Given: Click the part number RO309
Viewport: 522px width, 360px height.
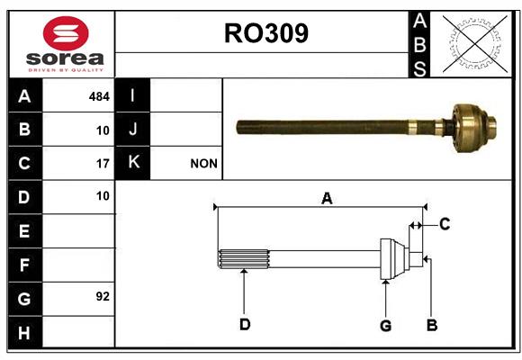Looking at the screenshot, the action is pyautogui.click(x=266, y=33).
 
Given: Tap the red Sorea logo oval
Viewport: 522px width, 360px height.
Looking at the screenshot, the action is pyautogui.click(x=66, y=33).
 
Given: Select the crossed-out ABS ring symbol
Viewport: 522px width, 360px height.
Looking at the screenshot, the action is pyautogui.click(x=475, y=43).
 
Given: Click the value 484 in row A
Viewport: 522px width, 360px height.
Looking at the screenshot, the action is pyautogui.click(x=99, y=96).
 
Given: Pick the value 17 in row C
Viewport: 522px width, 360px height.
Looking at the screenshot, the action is pyautogui.click(x=103, y=164).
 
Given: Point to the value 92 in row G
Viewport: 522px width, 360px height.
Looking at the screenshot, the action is pyautogui.click(x=103, y=296).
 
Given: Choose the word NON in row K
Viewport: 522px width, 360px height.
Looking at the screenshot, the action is pyautogui.click(x=203, y=164).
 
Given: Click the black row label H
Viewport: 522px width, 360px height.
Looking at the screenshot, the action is pyautogui.click(x=25, y=332).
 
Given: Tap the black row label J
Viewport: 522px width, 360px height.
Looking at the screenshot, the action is pyautogui.click(x=132, y=129).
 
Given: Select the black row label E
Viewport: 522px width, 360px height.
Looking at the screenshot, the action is pyautogui.click(x=25, y=230).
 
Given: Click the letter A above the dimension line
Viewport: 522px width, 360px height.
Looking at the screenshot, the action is pyautogui.click(x=327, y=199).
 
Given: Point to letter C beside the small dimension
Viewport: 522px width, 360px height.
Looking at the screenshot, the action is pyautogui.click(x=445, y=224).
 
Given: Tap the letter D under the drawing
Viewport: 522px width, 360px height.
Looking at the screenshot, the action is pyautogui.click(x=245, y=324).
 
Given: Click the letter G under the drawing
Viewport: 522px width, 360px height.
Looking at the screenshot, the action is pyautogui.click(x=385, y=326).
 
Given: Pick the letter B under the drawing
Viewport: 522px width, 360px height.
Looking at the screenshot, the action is pyautogui.click(x=432, y=325).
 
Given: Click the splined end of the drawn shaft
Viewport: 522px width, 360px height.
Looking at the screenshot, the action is pyautogui.click(x=243, y=259).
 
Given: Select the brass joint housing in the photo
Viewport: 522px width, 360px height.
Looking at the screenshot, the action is pyautogui.click(x=470, y=128).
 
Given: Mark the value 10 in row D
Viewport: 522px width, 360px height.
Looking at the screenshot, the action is pyautogui.click(x=103, y=196).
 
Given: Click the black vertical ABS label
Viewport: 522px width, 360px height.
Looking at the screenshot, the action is pyautogui.click(x=419, y=45).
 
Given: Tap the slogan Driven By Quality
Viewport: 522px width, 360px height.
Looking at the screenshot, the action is pyautogui.click(x=66, y=70).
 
